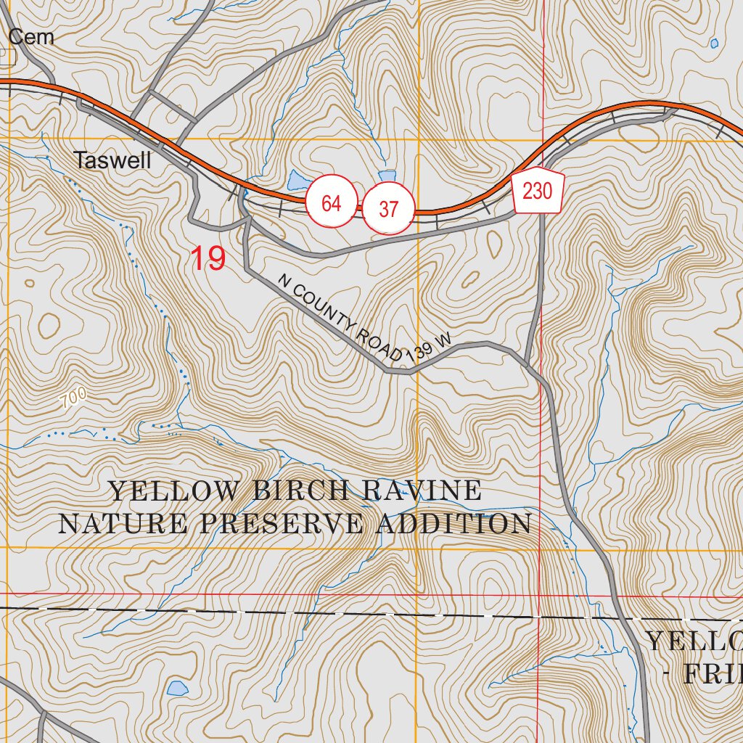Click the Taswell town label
click(x=112, y=160)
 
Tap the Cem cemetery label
click(x=31, y=37)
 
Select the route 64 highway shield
click(x=331, y=204)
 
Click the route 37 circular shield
click(x=389, y=210)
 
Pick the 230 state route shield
click(x=538, y=192)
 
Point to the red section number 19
click(x=208, y=259)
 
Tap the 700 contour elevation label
click(x=73, y=397)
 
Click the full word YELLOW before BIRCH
click(x=173, y=491)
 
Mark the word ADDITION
click(x=453, y=524)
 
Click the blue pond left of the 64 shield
click(x=297, y=180)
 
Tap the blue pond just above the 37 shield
click(x=387, y=176)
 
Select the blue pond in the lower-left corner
click(x=177, y=688)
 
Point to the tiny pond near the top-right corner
click(x=714, y=44)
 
